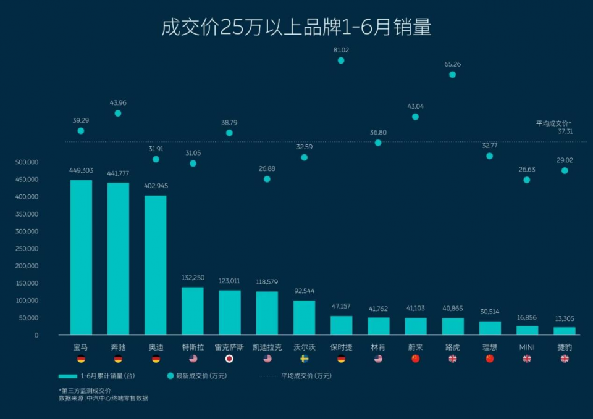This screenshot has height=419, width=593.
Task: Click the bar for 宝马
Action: (81, 257)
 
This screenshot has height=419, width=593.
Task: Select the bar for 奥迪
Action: (155, 265)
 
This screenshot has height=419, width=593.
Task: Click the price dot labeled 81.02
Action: (341, 60)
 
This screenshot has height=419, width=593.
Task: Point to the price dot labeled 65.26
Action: (452, 75)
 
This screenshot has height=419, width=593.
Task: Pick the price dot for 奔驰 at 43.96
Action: (118, 114)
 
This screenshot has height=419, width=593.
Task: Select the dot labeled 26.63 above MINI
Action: (527, 180)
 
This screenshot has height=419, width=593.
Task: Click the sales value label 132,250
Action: (192, 278)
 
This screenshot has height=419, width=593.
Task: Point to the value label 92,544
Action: (304, 291)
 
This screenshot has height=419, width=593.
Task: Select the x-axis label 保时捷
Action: (341, 347)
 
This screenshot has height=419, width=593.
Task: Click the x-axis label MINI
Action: (527, 347)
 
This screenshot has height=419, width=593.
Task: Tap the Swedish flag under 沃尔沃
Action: (304, 359)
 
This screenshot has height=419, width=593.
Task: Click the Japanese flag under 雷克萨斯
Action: (229, 359)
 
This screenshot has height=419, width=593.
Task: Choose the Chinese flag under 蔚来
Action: (415, 359)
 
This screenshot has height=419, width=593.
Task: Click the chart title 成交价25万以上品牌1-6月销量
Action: (296, 27)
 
